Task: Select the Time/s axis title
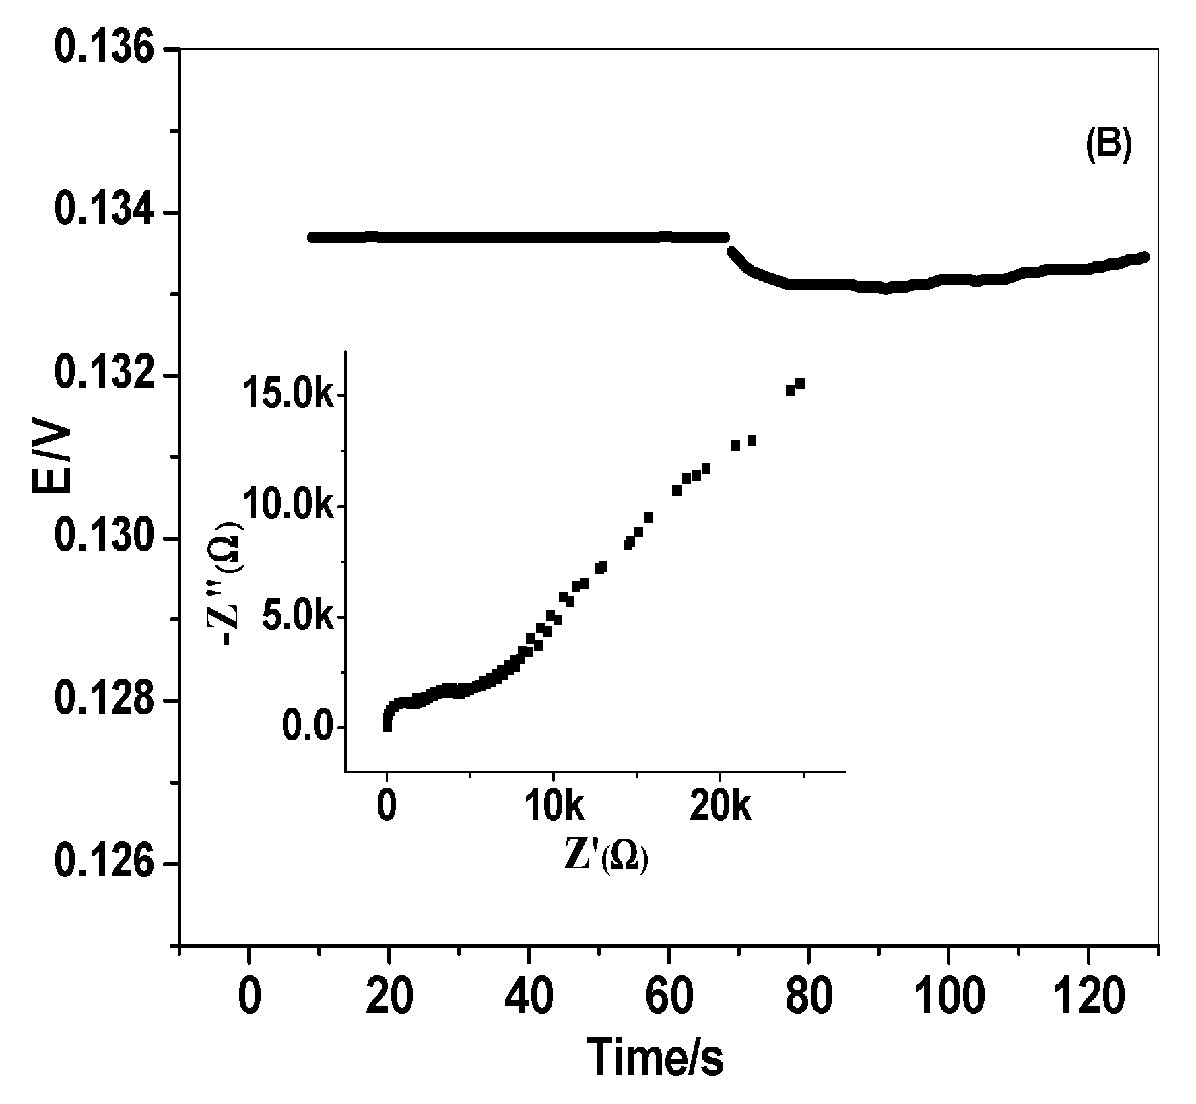click(656, 1057)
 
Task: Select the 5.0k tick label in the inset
click(296, 617)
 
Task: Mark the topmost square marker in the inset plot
click(800, 384)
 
